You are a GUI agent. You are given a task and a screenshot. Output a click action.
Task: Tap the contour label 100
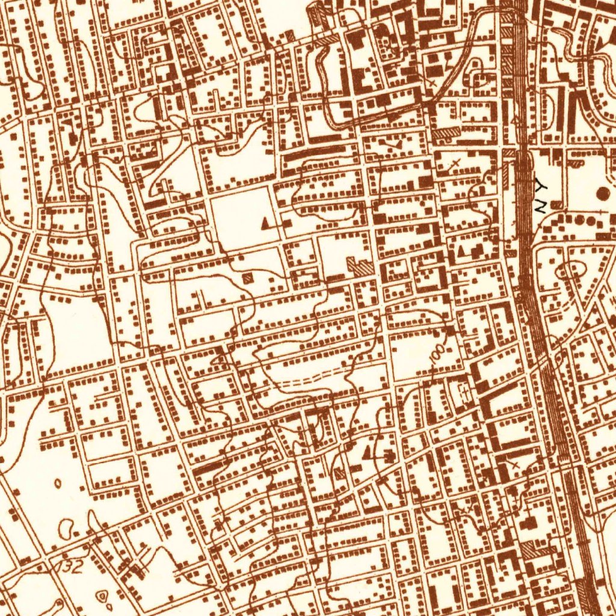(x=438, y=354)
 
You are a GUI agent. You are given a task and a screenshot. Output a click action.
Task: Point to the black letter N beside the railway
(x=540, y=206)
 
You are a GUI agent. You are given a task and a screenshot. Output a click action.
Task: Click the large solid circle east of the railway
(x=603, y=194)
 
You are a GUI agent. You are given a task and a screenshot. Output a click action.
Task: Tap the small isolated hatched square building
(x=247, y=279)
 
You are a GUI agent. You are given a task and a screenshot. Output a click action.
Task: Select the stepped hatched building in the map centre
(x=361, y=266)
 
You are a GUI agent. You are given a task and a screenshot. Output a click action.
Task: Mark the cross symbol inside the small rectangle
(x=464, y=392)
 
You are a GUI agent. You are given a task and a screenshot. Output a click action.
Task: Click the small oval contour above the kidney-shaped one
(x=58, y=482)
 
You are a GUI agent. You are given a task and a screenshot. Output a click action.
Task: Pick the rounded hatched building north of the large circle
(x=576, y=162)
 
